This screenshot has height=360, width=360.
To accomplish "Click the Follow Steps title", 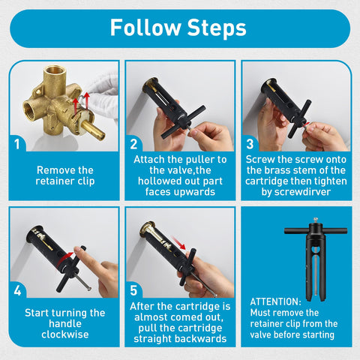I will click(x=178, y=28).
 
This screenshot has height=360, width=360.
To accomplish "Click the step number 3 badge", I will click(x=250, y=142).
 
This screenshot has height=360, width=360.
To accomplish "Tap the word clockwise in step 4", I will click(x=64, y=336).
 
